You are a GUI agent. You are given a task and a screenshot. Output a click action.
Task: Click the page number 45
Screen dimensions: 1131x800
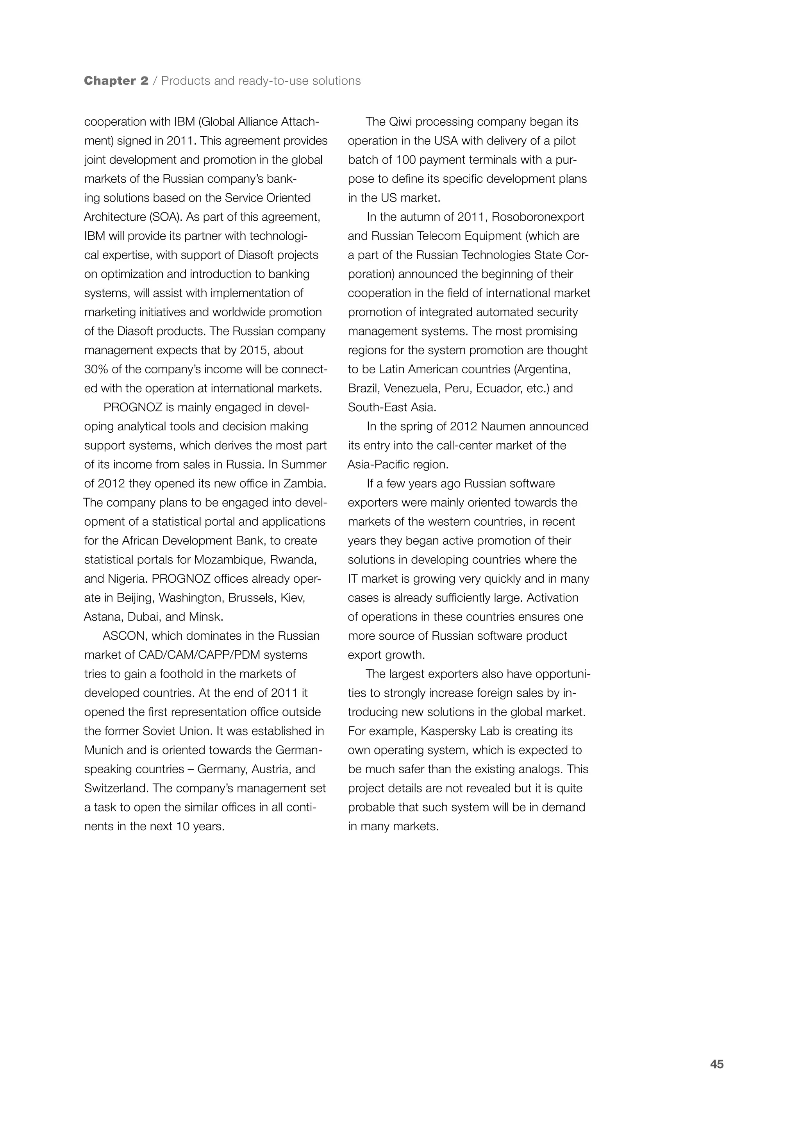pos(716,1078)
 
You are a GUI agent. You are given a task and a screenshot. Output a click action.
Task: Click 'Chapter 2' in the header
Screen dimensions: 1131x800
pos(116,81)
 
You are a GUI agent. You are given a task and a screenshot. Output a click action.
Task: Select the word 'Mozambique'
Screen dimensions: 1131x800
pos(227,560)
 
